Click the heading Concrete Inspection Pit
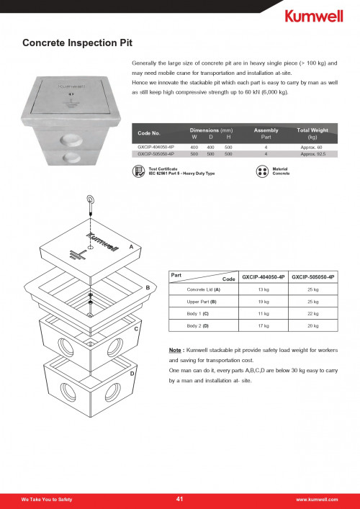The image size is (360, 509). pos(78,43)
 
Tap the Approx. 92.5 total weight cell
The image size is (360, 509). pos(312,154)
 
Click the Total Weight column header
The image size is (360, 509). pos(312,132)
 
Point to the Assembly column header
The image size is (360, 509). pos(266,132)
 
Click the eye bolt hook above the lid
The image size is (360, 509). pos(91,204)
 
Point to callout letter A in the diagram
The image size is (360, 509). pos(132,246)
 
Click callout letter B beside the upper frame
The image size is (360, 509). pos(148,287)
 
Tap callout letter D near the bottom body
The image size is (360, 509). pos(132,374)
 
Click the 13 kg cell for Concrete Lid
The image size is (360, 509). pos(264,289)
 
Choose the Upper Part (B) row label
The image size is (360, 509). pos(203,302)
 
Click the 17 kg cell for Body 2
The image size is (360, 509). pos(264,326)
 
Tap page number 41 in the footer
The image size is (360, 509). pos(180,499)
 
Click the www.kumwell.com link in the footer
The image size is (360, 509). pos(317,499)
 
